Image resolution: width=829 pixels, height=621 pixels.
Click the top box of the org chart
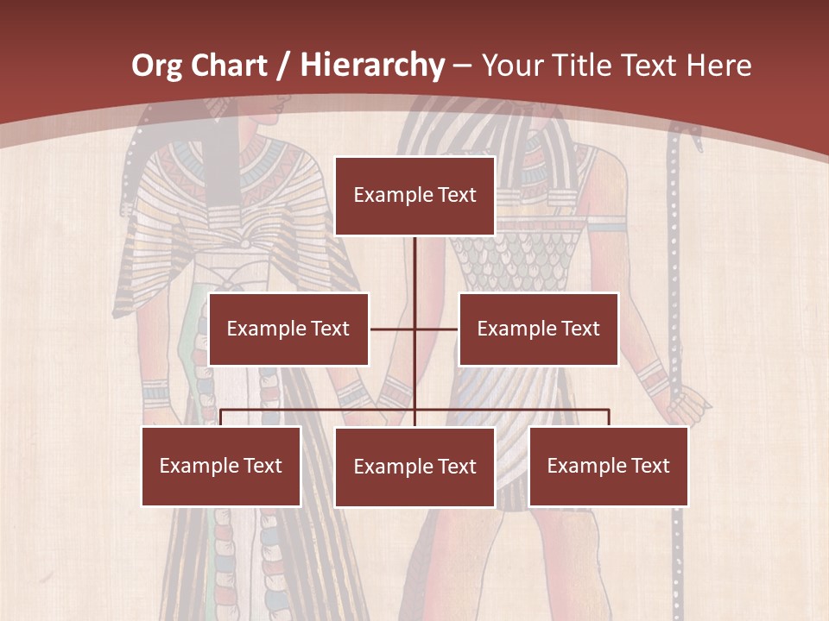point(414,196)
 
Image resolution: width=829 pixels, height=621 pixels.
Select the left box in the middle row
point(288,329)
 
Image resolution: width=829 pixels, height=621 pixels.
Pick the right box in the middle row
point(538,329)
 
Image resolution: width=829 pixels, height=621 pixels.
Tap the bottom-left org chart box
point(221,466)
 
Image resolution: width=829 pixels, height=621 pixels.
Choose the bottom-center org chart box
point(414,467)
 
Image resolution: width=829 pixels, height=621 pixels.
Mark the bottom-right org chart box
point(609,466)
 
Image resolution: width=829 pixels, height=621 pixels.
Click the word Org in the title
point(157,66)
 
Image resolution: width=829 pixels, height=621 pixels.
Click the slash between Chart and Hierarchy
point(284,66)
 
